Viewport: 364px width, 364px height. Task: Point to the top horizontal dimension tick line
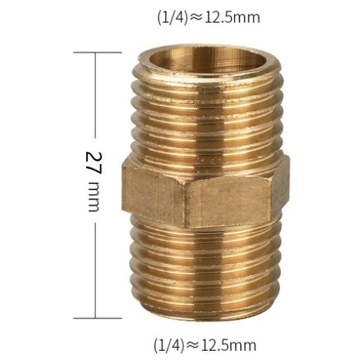tap(97, 52)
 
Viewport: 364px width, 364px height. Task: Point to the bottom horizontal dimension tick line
tap(97, 318)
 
